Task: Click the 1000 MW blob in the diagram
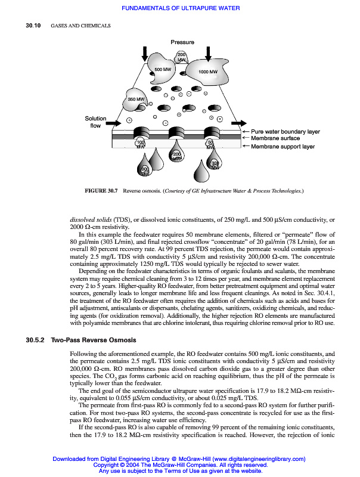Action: pyautogui.click(x=206, y=72)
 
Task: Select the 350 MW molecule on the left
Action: pyautogui.click(x=136, y=99)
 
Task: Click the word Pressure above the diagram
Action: pyautogui.click(x=182, y=42)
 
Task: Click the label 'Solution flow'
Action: pyautogui.click(x=95, y=122)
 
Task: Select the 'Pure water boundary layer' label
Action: pyautogui.click(x=285, y=131)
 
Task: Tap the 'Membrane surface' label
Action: pyautogui.click(x=275, y=138)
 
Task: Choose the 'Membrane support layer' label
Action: pyautogui.click(x=283, y=146)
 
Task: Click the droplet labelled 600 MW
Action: pyautogui.click(x=144, y=171)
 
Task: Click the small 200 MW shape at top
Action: pyautogui.click(x=182, y=58)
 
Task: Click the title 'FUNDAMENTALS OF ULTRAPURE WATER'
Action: pyautogui.click(x=181, y=8)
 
